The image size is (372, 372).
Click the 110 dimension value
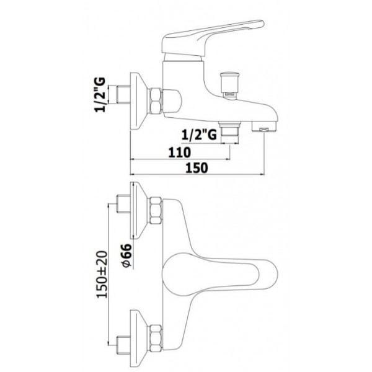coord(179,153)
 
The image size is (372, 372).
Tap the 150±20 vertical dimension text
coord(102,274)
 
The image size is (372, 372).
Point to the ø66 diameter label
coord(126,255)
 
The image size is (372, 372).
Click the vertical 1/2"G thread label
coord(100,95)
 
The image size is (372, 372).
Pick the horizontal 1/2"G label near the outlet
coord(199,135)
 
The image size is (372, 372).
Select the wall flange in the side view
coord(139,101)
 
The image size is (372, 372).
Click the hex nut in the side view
coord(155,100)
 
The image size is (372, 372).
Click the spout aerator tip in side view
coord(264,126)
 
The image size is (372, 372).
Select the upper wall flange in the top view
coord(139,210)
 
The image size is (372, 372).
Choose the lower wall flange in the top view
coord(139,338)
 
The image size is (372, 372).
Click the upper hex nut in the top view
coord(156,211)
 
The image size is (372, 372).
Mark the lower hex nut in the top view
coord(156,338)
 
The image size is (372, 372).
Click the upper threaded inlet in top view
coord(123,204)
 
